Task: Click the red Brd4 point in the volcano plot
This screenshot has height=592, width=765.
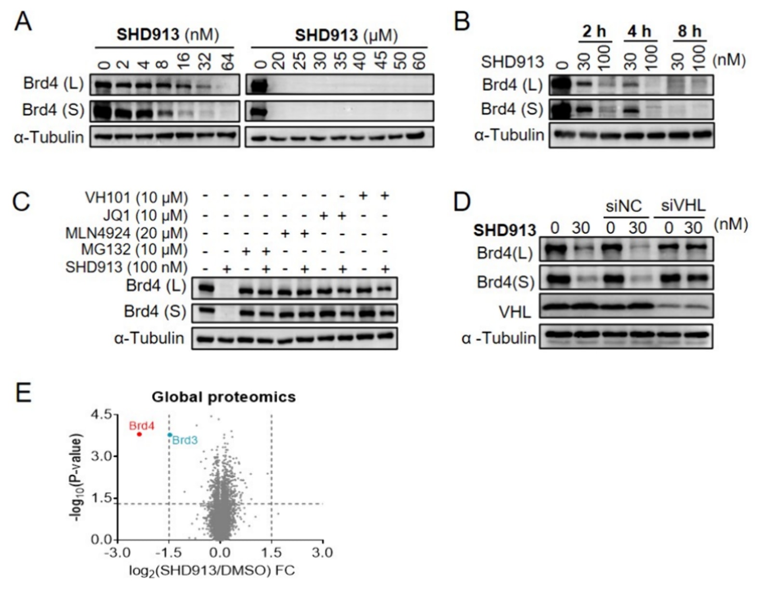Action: click(139, 434)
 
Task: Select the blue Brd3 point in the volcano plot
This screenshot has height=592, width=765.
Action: click(170, 435)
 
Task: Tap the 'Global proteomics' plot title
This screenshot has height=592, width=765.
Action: click(224, 397)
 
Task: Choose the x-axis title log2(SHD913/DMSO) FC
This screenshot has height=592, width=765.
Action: click(212, 571)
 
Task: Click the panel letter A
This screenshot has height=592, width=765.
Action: click(23, 22)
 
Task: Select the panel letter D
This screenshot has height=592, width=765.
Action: click(462, 202)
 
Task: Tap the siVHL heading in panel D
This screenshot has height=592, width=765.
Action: click(683, 206)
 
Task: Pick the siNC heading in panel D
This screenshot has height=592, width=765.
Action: click(624, 206)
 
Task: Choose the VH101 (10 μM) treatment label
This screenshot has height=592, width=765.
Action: click(136, 197)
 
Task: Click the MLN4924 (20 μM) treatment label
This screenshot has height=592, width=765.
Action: click(126, 233)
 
